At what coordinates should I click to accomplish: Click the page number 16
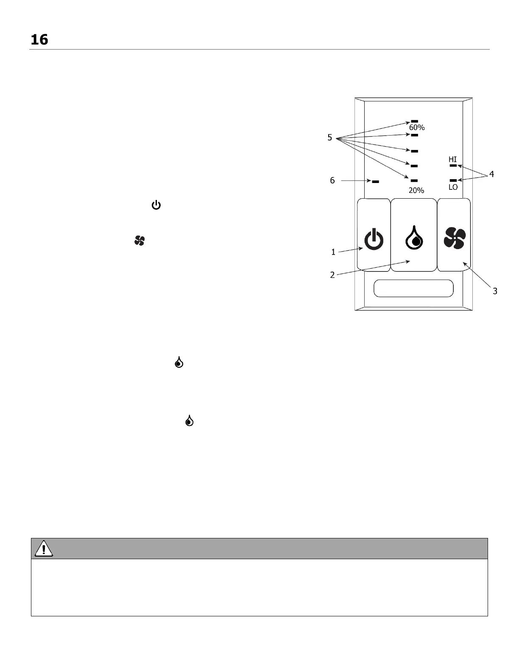pyautogui.click(x=39, y=40)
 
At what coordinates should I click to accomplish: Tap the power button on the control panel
pyautogui.click(x=374, y=239)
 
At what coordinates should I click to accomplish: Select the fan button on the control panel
pyautogui.click(x=455, y=238)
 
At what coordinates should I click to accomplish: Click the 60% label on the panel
pyautogui.click(x=416, y=128)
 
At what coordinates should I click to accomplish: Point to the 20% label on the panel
pyautogui.click(x=416, y=191)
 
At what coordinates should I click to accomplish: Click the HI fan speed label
pyautogui.click(x=453, y=159)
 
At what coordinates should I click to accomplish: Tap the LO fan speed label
pyautogui.click(x=453, y=187)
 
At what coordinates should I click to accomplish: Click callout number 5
pyautogui.click(x=329, y=138)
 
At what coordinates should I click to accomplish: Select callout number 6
pyautogui.click(x=332, y=180)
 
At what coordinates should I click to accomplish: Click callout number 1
pyautogui.click(x=333, y=252)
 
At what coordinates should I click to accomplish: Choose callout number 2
pyautogui.click(x=332, y=275)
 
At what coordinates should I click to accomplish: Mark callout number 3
pyautogui.click(x=494, y=291)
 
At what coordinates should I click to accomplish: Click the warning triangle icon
pyautogui.click(x=44, y=549)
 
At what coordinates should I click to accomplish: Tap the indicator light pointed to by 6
pyautogui.click(x=375, y=182)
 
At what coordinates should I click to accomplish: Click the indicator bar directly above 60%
pyautogui.click(x=414, y=121)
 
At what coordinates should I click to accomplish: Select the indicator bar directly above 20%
pyautogui.click(x=414, y=181)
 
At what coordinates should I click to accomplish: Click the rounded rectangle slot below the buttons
pyautogui.click(x=413, y=288)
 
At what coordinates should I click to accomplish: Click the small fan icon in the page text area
pyautogui.click(x=140, y=241)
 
